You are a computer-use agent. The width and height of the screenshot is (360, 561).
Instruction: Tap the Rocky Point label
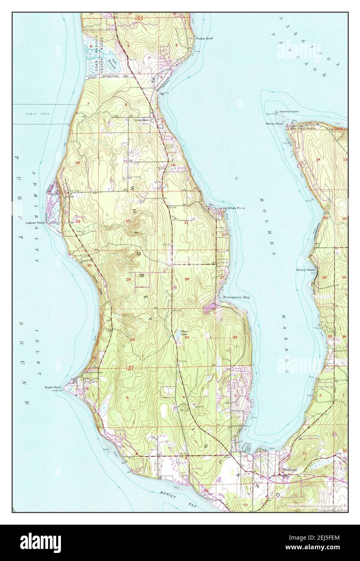[x=273, y=123]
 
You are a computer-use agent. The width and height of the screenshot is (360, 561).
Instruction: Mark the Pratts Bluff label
[x=205, y=39]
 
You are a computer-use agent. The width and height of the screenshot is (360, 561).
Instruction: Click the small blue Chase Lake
[x=178, y=334]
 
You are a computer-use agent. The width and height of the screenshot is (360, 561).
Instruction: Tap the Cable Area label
[x=35, y=114]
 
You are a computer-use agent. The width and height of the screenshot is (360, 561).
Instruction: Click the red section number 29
[x=128, y=279]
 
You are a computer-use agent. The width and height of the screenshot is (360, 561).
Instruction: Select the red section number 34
[x=235, y=337]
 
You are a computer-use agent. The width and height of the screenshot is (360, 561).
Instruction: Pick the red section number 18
[x=77, y=162]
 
